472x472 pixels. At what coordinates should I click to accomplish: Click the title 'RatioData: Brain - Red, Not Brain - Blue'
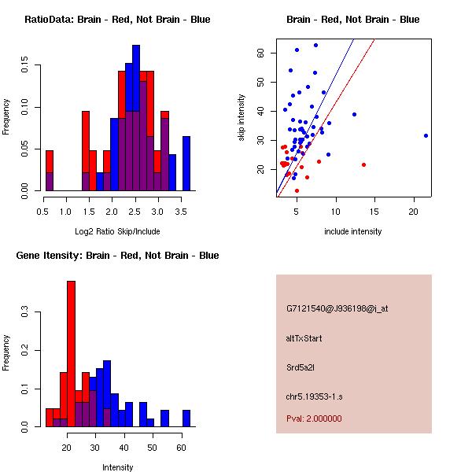117,20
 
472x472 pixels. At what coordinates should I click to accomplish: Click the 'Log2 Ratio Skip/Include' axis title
117,231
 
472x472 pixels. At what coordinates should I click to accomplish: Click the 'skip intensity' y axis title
242,118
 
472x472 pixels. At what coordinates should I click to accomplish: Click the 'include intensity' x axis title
353,231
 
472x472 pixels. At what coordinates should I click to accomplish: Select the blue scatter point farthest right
426,135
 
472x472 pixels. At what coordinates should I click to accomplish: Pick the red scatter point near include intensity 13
363,164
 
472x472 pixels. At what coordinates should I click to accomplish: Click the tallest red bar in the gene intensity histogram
71,354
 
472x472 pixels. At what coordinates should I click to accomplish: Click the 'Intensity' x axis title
117,467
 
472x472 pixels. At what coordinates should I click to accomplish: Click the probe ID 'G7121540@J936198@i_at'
337,308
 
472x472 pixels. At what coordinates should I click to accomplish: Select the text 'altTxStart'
304,338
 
